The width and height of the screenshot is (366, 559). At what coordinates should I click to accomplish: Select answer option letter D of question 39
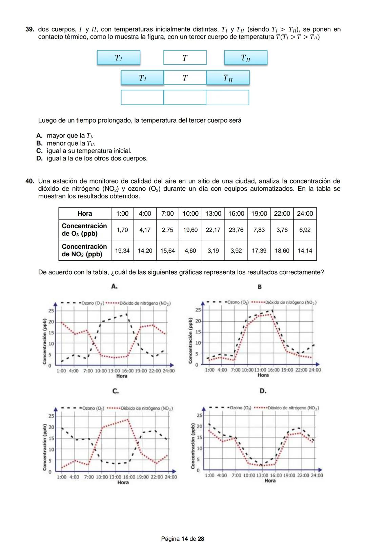click(x=39, y=158)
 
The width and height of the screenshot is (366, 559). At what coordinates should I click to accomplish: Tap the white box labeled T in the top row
click(x=185, y=58)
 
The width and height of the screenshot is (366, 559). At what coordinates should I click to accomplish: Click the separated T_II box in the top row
click(x=245, y=58)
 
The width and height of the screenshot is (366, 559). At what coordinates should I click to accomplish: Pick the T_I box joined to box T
click(x=142, y=78)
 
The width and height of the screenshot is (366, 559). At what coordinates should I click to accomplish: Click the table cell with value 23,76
click(x=236, y=230)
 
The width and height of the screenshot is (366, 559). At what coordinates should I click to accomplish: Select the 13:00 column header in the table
click(x=213, y=214)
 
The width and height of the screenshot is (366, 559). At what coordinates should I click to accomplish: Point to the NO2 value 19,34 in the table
click(x=122, y=251)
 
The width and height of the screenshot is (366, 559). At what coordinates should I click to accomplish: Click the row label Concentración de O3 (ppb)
click(x=84, y=230)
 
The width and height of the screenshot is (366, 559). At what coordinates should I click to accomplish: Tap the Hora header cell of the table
click(x=84, y=214)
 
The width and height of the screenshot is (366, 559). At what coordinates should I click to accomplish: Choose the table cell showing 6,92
click(x=305, y=230)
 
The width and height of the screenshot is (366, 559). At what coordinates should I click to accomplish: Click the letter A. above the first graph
click(x=115, y=286)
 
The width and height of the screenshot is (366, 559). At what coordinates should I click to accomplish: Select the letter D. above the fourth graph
click(x=263, y=391)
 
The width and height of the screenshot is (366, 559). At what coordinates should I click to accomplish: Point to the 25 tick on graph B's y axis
click(x=198, y=310)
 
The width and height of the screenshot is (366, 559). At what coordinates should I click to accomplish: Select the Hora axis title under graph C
click(x=123, y=482)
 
